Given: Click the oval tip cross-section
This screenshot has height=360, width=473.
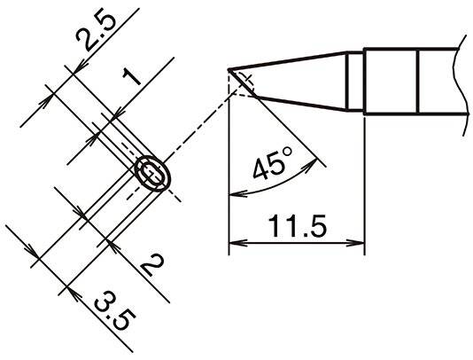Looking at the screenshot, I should (x=152, y=174).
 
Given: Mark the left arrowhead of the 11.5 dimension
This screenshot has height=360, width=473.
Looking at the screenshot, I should (x=234, y=241).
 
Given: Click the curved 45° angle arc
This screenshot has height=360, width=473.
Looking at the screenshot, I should (x=266, y=187).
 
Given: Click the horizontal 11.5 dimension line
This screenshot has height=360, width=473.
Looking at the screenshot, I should (x=297, y=241).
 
